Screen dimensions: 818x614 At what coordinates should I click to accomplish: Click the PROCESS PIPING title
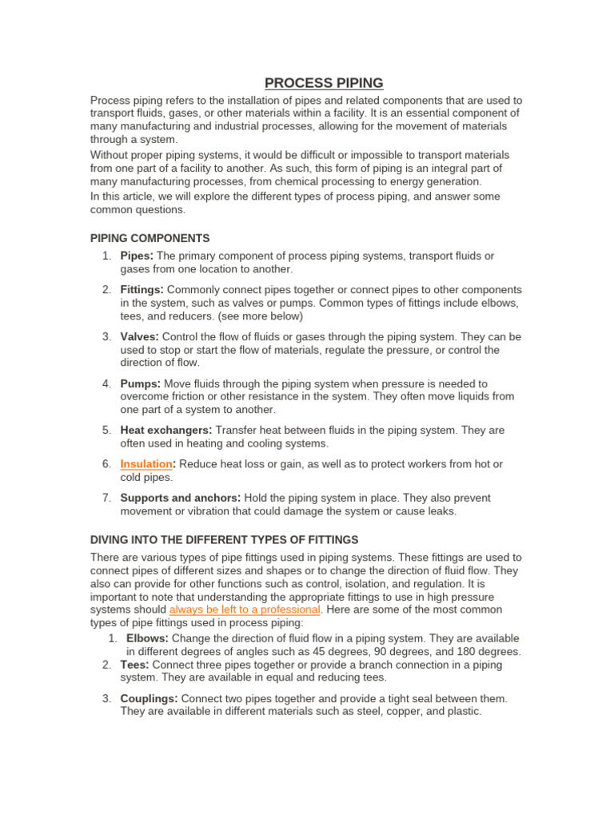coord(324,83)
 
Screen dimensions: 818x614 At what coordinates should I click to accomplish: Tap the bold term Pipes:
coord(137,256)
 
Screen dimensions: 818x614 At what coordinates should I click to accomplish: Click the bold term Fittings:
coord(142,289)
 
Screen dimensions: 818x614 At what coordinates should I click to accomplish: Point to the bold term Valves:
coord(140,336)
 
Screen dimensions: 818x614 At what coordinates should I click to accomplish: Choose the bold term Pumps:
coord(141,383)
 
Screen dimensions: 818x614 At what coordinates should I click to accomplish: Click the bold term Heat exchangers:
coord(166,430)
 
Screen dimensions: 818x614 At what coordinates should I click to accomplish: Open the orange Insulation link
coord(146,463)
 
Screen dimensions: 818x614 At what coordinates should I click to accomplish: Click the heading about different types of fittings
coord(224,540)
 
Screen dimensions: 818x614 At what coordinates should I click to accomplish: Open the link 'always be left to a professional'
coord(245,610)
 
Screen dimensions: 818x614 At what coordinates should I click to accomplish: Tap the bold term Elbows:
coord(147,638)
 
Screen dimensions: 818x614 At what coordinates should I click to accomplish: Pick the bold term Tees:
coord(134,665)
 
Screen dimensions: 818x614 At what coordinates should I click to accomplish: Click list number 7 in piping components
coord(106,498)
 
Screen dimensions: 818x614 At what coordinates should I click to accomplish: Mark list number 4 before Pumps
coord(106,383)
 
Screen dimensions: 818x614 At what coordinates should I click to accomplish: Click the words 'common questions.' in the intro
coord(138,210)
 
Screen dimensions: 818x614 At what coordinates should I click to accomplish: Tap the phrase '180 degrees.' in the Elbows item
coord(488,652)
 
